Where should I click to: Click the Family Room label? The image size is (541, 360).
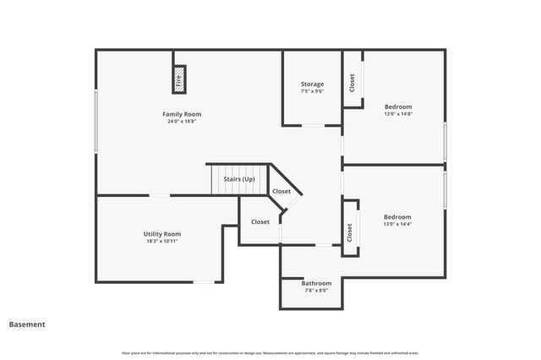182,114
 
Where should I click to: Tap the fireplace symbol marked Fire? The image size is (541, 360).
179,80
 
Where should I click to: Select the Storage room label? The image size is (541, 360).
312,84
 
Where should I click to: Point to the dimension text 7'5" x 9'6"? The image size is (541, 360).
312,91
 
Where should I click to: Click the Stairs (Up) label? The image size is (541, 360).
238,179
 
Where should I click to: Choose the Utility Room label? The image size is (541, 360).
161,234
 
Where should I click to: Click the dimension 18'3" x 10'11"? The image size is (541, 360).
161,241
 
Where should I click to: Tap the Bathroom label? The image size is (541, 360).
316,283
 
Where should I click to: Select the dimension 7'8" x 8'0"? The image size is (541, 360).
316,291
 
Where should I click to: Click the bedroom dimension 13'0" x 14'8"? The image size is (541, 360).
398,114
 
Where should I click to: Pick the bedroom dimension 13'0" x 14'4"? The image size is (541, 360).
397,224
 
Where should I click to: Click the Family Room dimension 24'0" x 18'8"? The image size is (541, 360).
182,121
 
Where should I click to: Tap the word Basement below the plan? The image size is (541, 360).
27,325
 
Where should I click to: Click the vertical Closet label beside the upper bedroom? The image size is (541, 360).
352,82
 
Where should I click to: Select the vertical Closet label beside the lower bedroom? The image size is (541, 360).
350,232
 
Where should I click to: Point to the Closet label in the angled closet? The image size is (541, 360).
281,192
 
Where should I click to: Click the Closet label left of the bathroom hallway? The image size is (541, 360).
260,222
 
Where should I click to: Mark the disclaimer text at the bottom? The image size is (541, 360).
270,352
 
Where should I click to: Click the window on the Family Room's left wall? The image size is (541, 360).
96,123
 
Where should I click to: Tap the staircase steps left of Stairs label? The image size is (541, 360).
219,179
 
